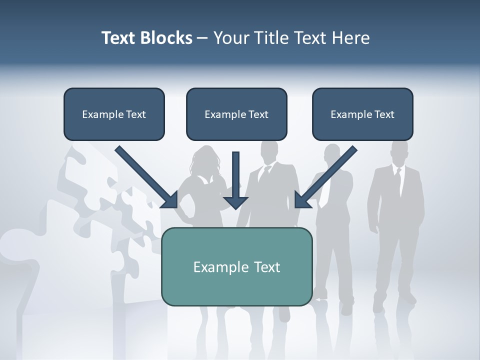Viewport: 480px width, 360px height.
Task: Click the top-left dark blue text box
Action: click(114, 114)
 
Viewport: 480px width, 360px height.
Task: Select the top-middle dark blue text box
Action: click(236, 114)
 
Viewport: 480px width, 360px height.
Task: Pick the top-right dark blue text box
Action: click(362, 114)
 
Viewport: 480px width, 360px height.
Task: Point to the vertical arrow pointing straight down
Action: click(235, 177)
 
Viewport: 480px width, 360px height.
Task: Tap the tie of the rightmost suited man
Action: click(398, 182)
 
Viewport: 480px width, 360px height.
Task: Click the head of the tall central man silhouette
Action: click(269, 150)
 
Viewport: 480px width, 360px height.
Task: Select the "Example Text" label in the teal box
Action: click(236, 266)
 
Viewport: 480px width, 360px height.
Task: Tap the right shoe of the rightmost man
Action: click(409, 298)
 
